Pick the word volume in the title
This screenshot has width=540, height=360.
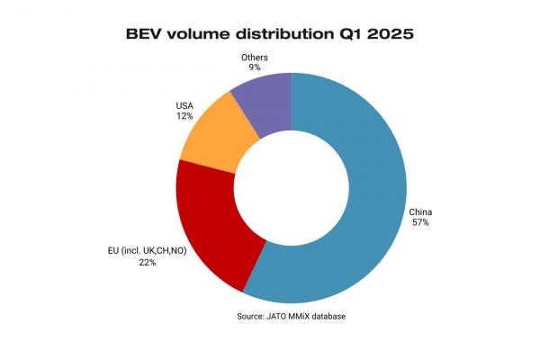[198, 34]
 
